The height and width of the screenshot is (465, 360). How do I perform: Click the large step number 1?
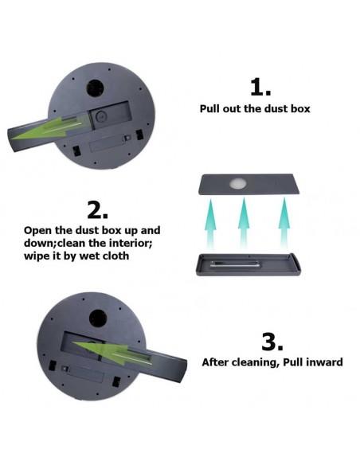click(260, 87)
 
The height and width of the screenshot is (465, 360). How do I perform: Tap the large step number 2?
click(97, 210)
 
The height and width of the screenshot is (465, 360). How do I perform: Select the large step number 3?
click(272, 342)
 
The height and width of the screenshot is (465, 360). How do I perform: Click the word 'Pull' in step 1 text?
click(209, 108)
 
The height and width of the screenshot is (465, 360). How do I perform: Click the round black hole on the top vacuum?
click(95, 88)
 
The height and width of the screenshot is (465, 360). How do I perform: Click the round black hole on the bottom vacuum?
click(98, 318)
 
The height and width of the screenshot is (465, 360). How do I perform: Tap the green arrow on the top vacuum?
click(49, 128)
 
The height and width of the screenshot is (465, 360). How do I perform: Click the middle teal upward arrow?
click(244, 222)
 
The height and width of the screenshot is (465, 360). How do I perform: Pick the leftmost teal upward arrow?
click(210, 224)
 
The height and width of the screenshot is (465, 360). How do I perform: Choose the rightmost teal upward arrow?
click(284, 222)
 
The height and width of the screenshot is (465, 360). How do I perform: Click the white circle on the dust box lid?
click(238, 183)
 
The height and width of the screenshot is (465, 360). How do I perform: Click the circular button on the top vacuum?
click(101, 116)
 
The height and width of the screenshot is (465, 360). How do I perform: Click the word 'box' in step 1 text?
click(300, 108)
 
